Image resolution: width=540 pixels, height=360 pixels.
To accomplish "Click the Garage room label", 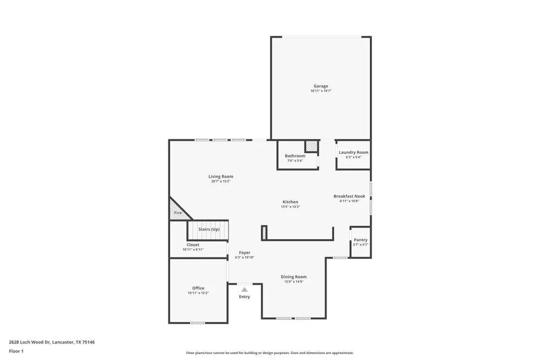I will coord(321,86).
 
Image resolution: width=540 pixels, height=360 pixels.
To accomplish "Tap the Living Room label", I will coord(221,176).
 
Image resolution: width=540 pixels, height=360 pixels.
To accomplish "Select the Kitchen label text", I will coord(290,202).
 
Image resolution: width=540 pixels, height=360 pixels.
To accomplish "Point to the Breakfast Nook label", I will coord(349,196).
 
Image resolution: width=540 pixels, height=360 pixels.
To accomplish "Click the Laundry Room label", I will coord(353,152).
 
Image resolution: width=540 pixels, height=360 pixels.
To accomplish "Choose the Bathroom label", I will coord(295,156).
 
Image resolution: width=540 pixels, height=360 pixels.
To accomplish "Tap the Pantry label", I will coord(360,240).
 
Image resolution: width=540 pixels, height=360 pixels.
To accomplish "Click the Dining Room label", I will coord(293,277).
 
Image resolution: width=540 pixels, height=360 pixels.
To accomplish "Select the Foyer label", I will coord(245,253).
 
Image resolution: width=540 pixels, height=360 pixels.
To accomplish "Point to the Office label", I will coord(198,288).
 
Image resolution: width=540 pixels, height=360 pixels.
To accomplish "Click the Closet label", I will coord(193,244).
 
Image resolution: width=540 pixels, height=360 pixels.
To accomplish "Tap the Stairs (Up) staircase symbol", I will coord(208,230).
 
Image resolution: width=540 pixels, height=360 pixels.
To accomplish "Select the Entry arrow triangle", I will coord(245,289).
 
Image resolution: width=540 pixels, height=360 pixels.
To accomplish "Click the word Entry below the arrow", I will coord(245,297).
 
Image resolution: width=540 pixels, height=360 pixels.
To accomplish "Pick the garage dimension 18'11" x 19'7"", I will coord(321,91).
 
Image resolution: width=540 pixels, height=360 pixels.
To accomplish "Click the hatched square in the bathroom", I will coord(311,146).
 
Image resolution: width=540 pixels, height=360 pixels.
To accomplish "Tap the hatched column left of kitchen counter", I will coord(264,233).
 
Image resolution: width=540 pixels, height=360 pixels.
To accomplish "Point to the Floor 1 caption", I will coord(16,351).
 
